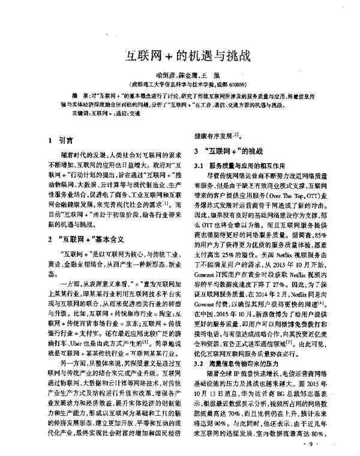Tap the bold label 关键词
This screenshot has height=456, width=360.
(x=79, y=113)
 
